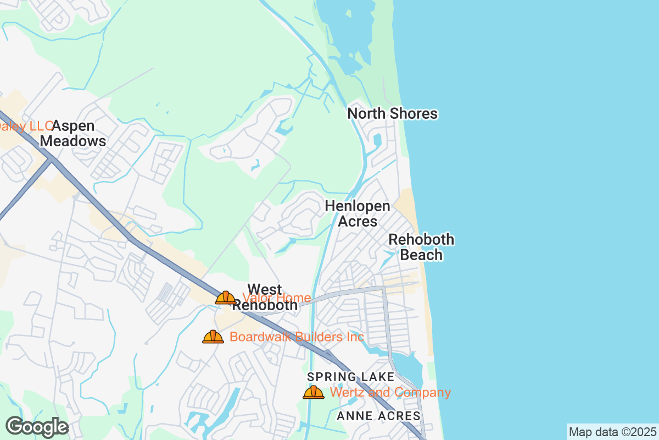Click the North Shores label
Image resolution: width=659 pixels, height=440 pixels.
(x=393, y=114)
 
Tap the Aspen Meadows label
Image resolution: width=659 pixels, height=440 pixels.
(x=73, y=134)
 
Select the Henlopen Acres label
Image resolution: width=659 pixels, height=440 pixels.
(x=358, y=213)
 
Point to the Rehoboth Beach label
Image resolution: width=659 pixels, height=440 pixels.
(x=421, y=247)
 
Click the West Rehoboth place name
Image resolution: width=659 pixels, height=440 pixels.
(x=265, y=297)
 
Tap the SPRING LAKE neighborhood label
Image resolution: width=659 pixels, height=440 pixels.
(x=350, y=377)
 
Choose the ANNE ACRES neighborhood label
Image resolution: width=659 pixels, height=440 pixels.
(x=379, y=416)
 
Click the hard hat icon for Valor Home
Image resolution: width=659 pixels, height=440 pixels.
(x=226, y=298)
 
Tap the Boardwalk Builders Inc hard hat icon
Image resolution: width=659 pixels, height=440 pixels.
(x=213, y=337)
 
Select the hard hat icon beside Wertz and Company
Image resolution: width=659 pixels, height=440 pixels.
(x=314, y=392)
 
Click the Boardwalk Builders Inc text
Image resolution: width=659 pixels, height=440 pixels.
(x=297, y=337)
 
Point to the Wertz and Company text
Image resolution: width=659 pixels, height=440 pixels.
(x=390, y=392)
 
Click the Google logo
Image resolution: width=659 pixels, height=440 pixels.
(x=37, y=427)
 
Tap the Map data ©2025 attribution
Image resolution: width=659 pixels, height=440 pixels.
(x=612, y=432)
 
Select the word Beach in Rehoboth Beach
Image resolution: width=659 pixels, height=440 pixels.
(x=421, y=255)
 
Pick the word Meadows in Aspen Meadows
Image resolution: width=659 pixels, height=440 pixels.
(x=73, y=141)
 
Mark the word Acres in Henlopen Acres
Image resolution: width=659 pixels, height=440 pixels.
(x=358, y=221)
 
